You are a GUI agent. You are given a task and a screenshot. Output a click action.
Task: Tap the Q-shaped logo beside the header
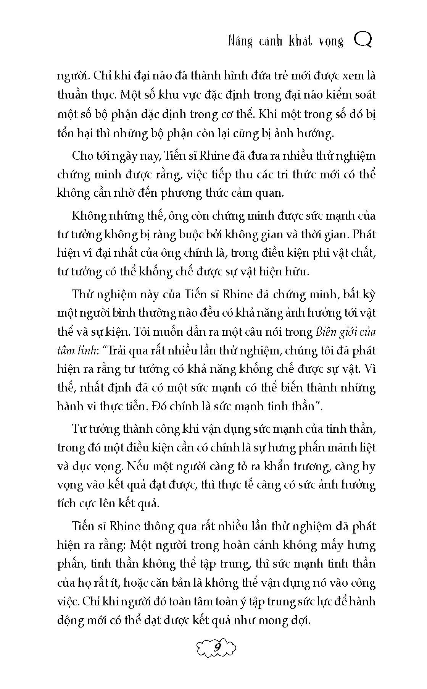pos(363,40)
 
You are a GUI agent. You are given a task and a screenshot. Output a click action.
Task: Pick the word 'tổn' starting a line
pos(66,133)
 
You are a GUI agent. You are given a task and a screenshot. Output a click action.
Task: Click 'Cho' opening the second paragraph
pos(83,156)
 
